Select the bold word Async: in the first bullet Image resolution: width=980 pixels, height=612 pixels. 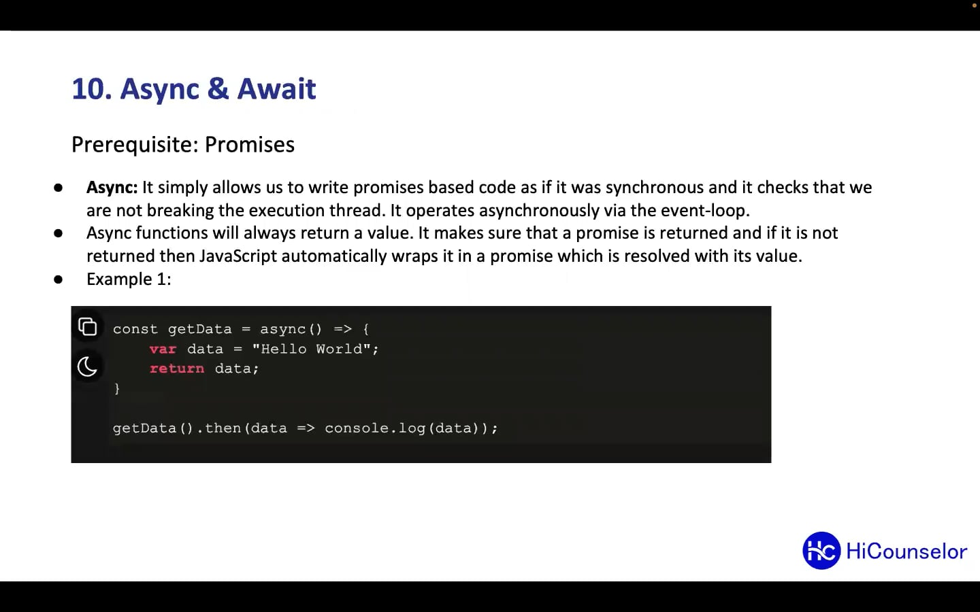[x=112, y=188]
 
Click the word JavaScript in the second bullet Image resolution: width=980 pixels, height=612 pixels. [x=238, y=256]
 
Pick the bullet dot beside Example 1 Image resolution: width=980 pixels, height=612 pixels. [x=59, y=279]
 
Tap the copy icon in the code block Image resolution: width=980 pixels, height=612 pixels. [x=88, y=327]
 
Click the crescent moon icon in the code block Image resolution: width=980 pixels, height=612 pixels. [x=88, y=367]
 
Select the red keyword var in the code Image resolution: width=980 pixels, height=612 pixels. [x=163, y=349]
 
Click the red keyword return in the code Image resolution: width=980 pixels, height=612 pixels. [x=177, y=369]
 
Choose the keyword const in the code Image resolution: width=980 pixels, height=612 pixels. [x=135, y=329]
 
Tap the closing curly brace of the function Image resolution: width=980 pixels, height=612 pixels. [x=117, y=388]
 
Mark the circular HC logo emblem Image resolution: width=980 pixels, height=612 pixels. [x=821, y=551]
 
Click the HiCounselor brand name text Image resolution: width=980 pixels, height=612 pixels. [x=906, y=551]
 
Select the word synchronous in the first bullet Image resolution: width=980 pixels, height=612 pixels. [x=654, y=188]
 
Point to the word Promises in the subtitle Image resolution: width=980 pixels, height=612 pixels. [x=250, y=145]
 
